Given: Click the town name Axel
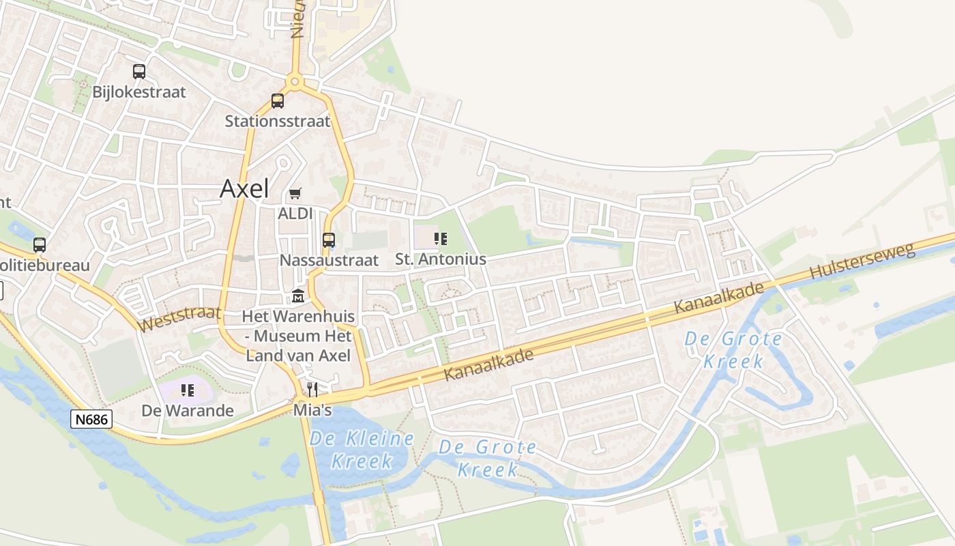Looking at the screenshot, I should coord(244,189).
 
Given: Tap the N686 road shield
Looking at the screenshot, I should coord(91,419).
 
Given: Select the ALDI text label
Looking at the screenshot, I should coord(295,214).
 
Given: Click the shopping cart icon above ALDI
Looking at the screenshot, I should coord(295,195).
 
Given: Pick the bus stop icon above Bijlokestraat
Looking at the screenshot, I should coord(139,71).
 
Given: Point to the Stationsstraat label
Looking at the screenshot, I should coord(278,121).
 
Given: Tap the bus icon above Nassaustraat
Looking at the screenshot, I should coord(329,240).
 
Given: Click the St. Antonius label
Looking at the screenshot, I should coord(441,259).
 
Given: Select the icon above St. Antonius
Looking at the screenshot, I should coord(441,239).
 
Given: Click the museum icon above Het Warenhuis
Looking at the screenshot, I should coord(298,297).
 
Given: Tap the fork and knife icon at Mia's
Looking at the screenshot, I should coord(312,390).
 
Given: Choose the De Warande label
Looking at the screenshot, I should coord(188,411).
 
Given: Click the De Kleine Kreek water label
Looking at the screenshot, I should coord(362,449).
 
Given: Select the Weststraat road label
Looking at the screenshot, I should coord(179,317).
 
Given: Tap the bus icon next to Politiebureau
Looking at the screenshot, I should coord(40,244).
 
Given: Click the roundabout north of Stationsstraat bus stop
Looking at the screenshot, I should coord(295,82).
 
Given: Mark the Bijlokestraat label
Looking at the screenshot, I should coord(139,92).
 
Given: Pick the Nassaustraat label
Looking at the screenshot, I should coord(329,260).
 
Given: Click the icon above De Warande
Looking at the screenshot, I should coord(188,390).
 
